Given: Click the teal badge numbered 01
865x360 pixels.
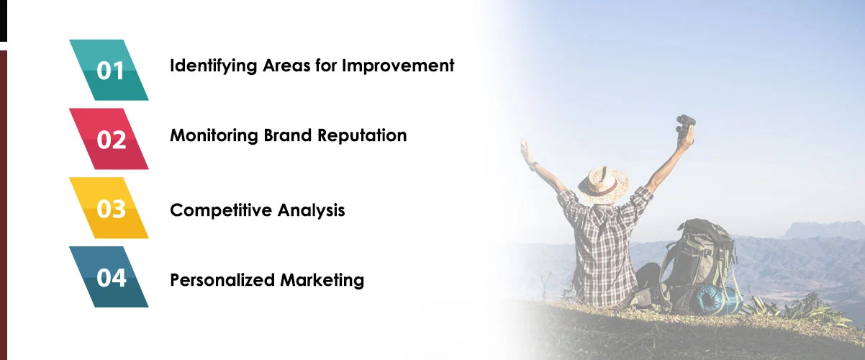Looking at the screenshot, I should [x=109, y=70].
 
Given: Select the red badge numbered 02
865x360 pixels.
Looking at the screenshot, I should [x=109, y=139].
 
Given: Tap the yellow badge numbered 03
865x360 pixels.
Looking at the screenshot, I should [x=109, y=208].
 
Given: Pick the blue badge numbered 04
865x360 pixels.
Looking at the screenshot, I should [x=109, y=277].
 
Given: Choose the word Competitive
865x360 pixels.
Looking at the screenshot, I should [x=214, y=210].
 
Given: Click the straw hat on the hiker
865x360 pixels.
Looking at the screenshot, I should [x=603, y=184].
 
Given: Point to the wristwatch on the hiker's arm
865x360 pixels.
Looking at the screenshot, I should [x=533, y=166].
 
